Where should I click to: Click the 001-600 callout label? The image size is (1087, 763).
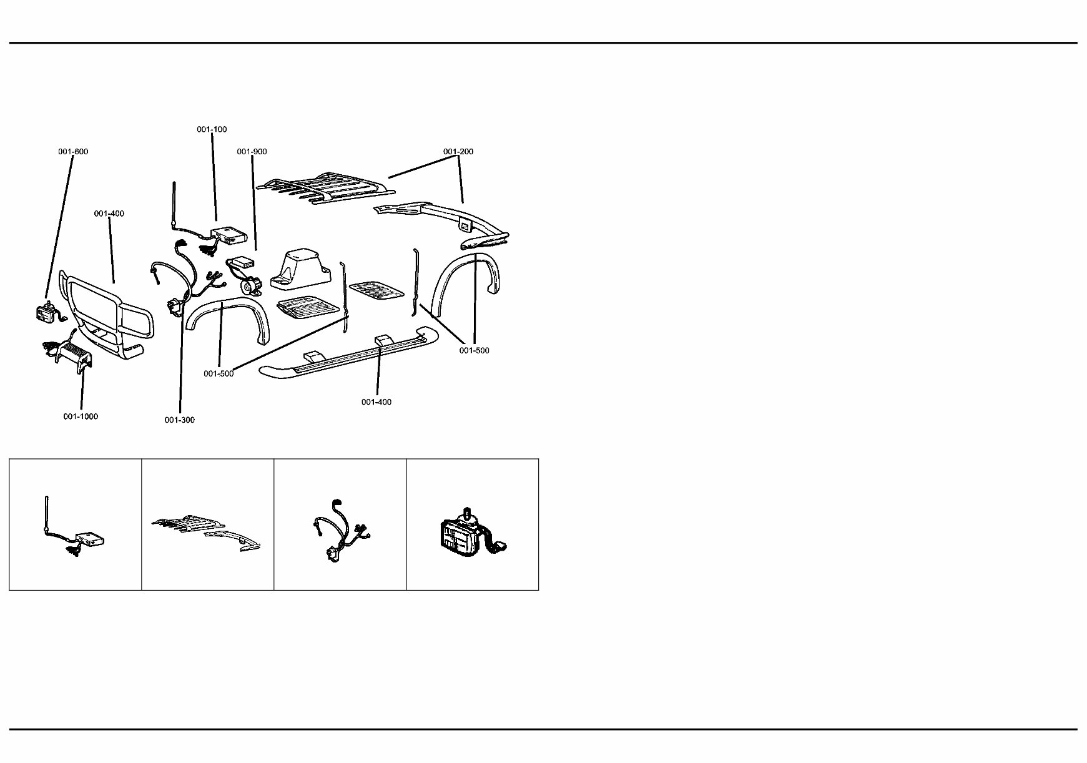tap(74, 152)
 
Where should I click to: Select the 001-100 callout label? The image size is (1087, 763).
tap(212, 130)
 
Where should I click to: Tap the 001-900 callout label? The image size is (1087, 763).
tap(252, 152)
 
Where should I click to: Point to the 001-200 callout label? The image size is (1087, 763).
tap(459, 152)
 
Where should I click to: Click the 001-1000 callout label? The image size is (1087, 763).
tap(81, 416)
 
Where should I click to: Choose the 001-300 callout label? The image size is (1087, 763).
tap(180, 420)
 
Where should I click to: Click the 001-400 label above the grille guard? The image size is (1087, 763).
tap(109, 214)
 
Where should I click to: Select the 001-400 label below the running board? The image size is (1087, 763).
tap(376, 402)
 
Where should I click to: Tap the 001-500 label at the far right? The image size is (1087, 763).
tap(475, 351)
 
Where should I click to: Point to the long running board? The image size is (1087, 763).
tap(348, 355)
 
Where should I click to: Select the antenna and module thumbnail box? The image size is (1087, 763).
tap(76, 524)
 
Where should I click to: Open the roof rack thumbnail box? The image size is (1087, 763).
tap(208, 524)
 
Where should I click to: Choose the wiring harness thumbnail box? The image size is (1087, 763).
tap(340, 524)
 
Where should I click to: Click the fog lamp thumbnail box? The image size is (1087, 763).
tap(473, 524)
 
